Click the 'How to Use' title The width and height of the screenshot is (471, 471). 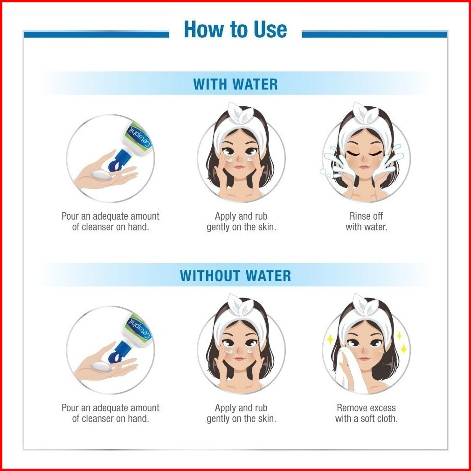(235, 29)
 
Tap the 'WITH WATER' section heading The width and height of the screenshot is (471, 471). (235, 84)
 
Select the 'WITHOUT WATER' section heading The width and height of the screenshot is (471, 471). (235, 276)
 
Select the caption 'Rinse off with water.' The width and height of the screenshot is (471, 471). (366, 222)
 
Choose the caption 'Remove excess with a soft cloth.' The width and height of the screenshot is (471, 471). (366, 413)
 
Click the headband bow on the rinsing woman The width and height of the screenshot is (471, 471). (366, 113)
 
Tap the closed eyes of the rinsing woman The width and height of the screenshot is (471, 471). (364, 154)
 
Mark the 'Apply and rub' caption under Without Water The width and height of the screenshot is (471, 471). (241, 408)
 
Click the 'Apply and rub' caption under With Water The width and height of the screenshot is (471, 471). (241, 216)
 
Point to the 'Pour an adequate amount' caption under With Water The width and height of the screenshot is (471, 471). (110, 216)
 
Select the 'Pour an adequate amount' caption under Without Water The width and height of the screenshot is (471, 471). (110, 408)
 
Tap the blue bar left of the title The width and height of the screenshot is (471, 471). (97, 34)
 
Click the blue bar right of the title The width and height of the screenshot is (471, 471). (374, 34)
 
